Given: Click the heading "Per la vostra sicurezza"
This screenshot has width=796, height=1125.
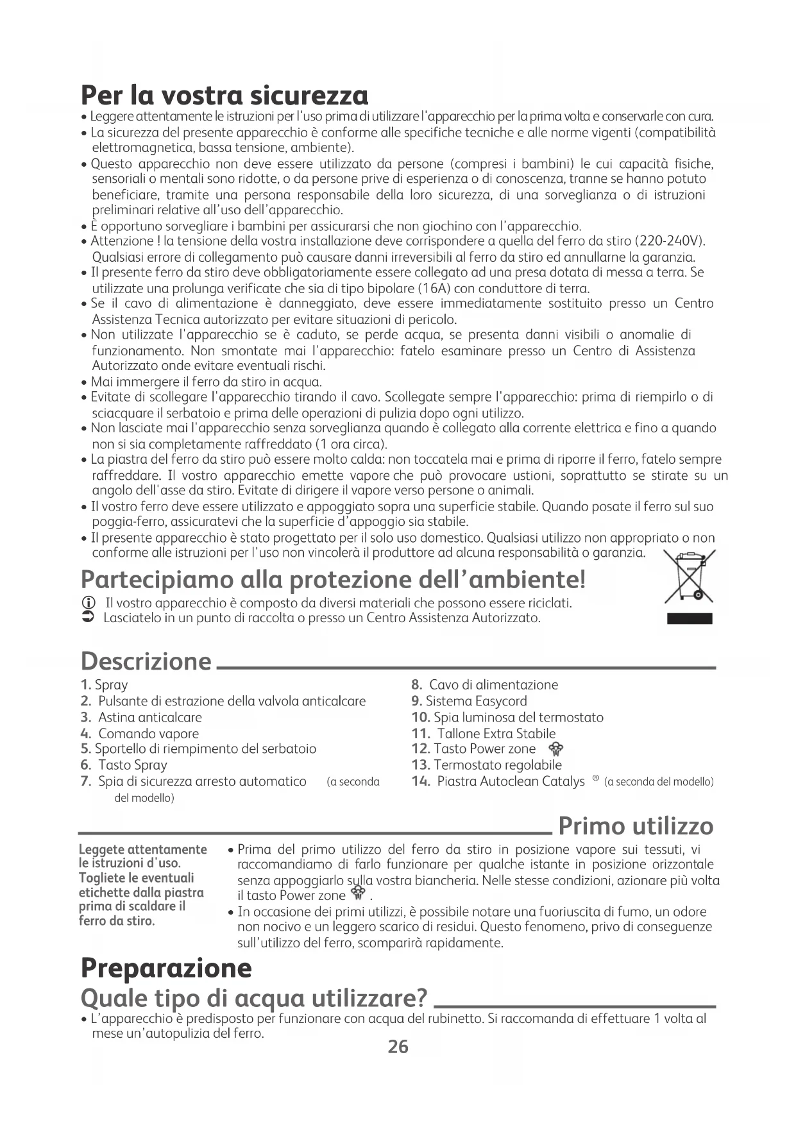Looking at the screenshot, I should tap(224, 96).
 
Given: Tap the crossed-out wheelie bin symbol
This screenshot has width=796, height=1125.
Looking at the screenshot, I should tap(690, 577).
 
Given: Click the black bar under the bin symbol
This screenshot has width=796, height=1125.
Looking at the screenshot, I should tap(690, 618).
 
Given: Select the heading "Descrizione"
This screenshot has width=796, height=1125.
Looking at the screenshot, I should tap(146, 661).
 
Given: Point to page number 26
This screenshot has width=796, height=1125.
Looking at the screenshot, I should tap(398, 1047).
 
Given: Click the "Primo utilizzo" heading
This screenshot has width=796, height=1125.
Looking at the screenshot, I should tap(636, 826).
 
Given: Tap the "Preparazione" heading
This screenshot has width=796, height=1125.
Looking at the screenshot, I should tap(166, 968).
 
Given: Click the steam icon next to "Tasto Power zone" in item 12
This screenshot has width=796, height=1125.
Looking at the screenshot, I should tap(556, 749).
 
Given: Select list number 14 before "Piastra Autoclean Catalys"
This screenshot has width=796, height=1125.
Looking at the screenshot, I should tap(421, 781).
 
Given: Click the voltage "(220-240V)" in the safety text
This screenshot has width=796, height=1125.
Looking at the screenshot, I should tap(670, 241).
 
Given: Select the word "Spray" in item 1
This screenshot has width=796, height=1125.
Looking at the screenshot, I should tap(111, 685).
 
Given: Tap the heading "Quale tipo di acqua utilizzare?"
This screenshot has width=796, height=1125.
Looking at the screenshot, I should tap(254, 999).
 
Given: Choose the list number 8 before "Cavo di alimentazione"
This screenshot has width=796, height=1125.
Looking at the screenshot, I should tap(415, 685).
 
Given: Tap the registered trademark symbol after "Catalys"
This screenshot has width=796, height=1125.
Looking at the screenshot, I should tap(596, 779).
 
